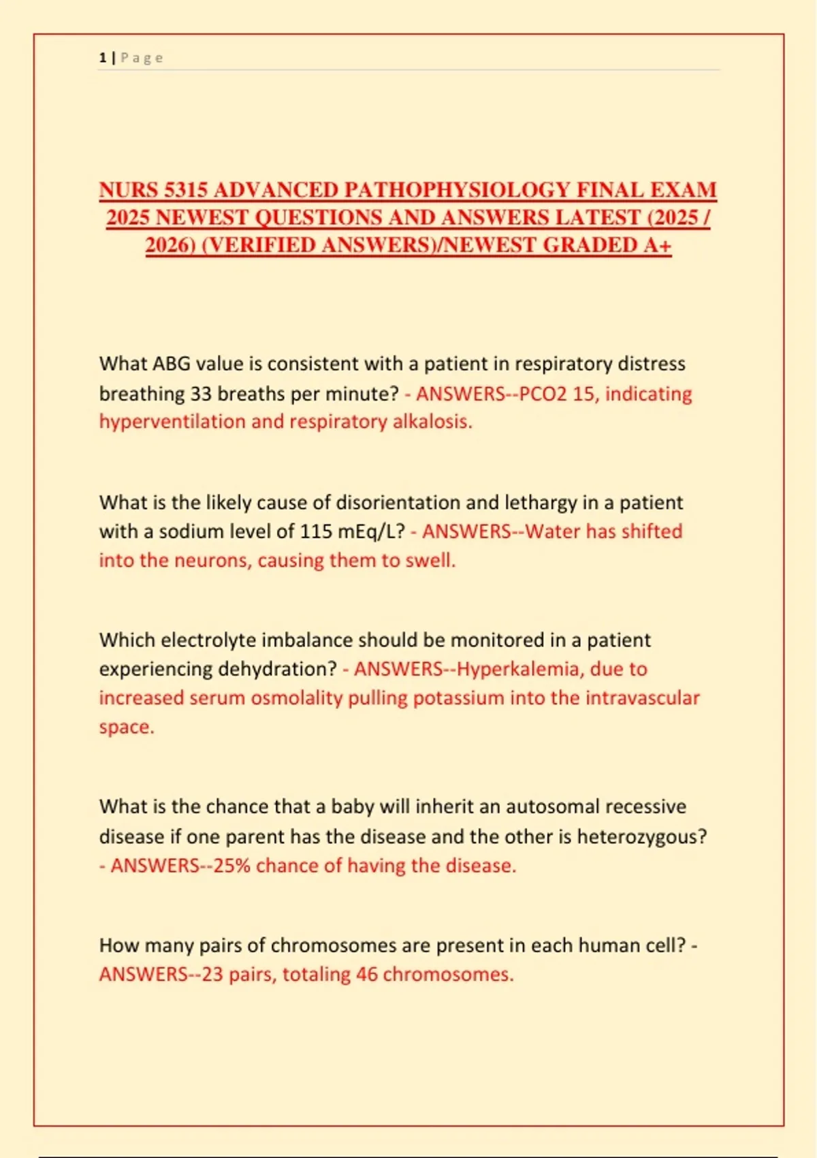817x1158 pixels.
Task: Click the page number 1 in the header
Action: coord(102,58)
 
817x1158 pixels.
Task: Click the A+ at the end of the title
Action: coord(657,245)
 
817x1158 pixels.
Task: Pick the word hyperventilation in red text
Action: coord(172,422)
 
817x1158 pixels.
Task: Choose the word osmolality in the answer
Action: coord(296,698)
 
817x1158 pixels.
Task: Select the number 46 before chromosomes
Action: coord(366,974)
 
